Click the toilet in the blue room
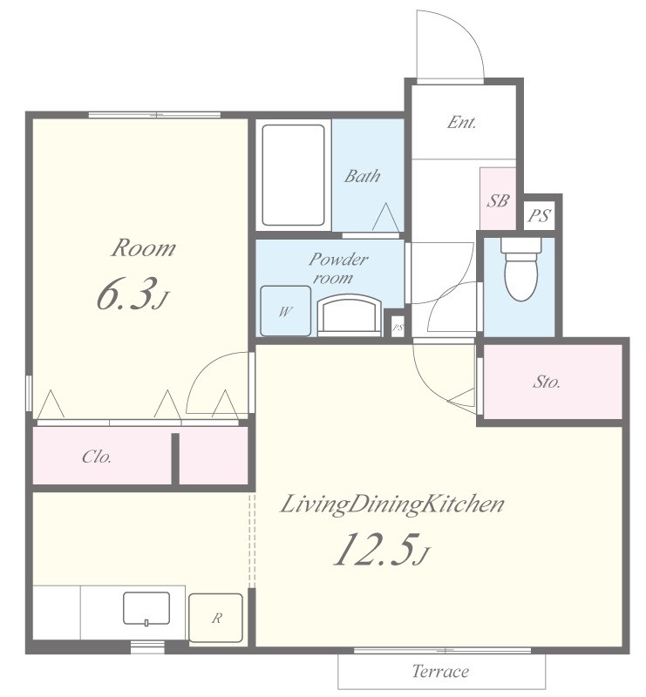click(521, 268)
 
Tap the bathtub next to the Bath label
click(293, 175)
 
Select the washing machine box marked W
click(285, 311)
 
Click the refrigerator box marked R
click(216, 618)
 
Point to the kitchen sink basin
click(146, 608)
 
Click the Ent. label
click(462, 122)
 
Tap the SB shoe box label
click(498, 201)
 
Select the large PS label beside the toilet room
click(539, 216)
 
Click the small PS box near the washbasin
click(398, 328)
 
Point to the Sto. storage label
click(547, 382)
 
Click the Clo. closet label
click(97, 457)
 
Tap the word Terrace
click(440, 671)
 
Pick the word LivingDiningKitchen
click(391, 504)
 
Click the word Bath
click(363, 176)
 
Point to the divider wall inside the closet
click(175, 459)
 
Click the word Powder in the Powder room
click(338, 259)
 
